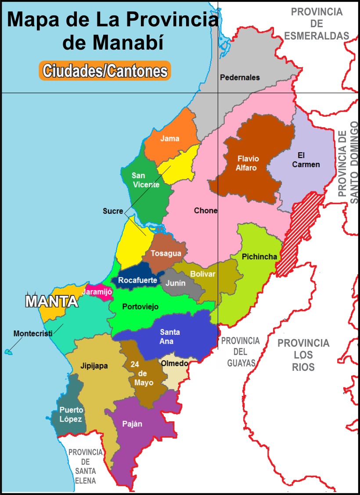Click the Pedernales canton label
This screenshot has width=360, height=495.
240,78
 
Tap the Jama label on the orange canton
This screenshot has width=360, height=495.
170,138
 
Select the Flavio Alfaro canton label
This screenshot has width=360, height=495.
248,163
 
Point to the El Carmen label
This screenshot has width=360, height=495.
308,160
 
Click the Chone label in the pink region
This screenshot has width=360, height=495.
205,211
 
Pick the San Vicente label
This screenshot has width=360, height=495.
145,180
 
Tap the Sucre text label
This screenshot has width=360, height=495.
113,211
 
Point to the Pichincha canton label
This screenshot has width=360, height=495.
259,257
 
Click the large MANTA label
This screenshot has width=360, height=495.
52,301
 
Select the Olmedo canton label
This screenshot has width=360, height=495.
175,363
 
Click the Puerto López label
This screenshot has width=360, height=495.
72,414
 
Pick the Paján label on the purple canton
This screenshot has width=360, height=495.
132,424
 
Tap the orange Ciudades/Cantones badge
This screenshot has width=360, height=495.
104,71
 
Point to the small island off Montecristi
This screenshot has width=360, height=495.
7,352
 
